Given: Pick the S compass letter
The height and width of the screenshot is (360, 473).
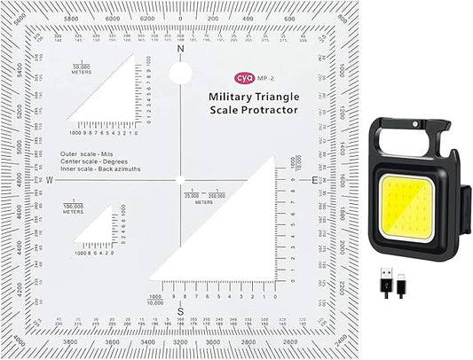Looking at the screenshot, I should pos(180,311).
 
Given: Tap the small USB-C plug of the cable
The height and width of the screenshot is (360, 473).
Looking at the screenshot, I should pos(406,276).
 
